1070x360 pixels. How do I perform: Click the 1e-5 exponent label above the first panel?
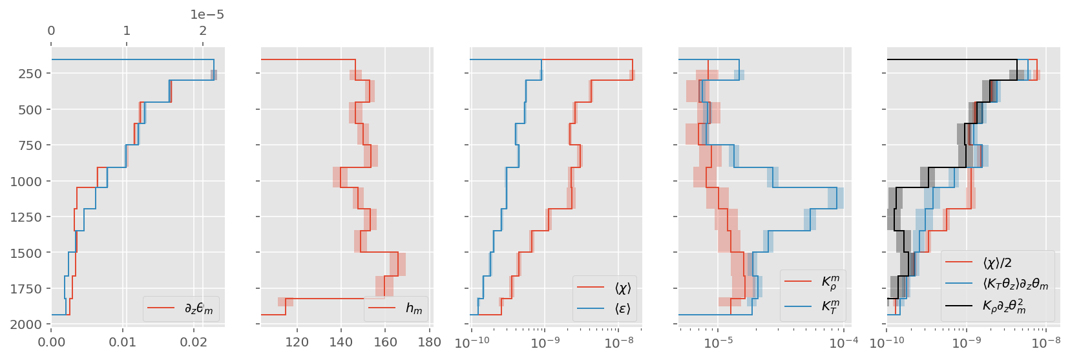tap(207, 15)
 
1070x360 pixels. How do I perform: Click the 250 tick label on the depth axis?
tap(30, 74)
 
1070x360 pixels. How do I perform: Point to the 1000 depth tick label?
tap(26, 181)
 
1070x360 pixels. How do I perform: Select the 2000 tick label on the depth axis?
tap(26, 324)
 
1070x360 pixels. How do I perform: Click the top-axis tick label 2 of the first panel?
tap(203, 30)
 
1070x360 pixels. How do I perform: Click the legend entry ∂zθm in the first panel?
tap(198, 309)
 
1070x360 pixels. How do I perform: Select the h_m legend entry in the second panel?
tap(414, 309)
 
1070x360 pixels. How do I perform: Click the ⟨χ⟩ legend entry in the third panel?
tap(622, 288)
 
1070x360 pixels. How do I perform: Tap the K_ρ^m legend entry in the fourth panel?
tap(830, 282)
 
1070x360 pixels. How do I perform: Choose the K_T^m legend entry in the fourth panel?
tap(830, 306)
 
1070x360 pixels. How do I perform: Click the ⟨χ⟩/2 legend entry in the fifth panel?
tap(997, 262)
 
